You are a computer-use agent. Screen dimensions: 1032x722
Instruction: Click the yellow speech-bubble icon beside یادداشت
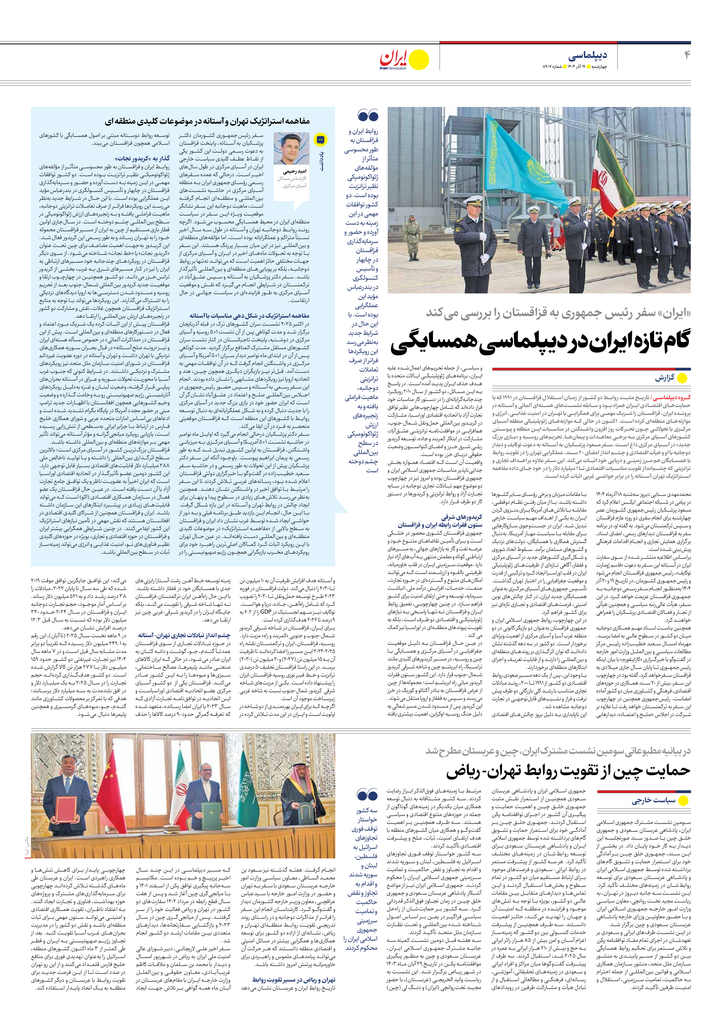[x=320, y=140]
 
